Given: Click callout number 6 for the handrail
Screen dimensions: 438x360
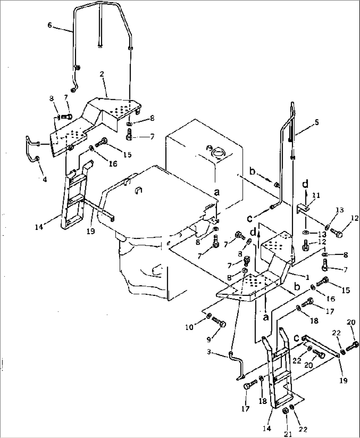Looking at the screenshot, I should pos(50,25).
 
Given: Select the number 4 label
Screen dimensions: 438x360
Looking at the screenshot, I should pos(45,180).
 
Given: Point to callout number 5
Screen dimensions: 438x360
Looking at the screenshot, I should pos(317,122).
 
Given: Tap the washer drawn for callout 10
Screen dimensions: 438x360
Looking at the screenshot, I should pos(209,317).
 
